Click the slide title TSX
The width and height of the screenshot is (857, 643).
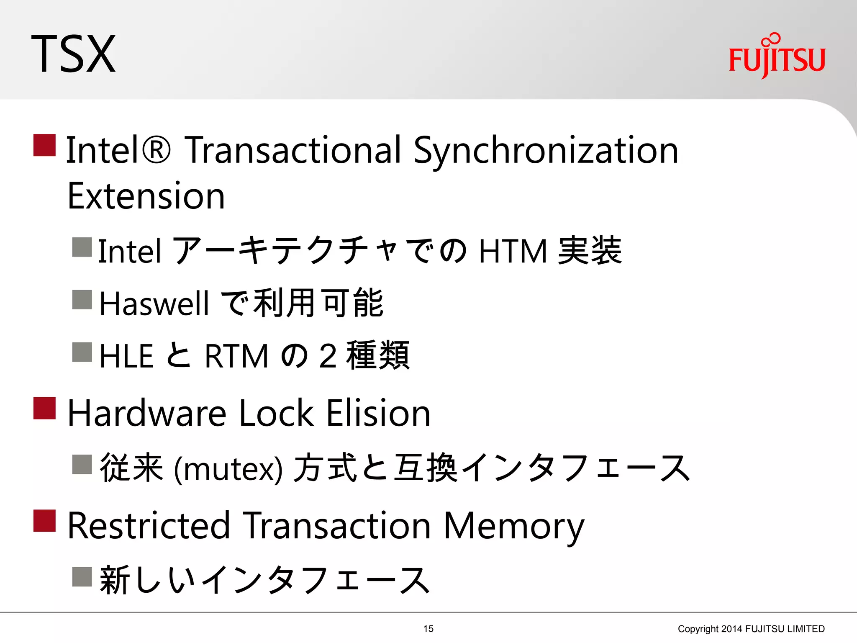[74, 54]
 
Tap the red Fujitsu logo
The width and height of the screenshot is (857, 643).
[777, 57]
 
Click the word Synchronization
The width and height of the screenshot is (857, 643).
[546, 151]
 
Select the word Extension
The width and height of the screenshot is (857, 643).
[146, 197]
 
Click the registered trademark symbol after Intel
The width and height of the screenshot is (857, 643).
[156, 150]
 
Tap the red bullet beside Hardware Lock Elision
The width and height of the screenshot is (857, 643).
[44, 408]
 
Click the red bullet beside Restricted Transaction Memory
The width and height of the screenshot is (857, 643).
[44, 521]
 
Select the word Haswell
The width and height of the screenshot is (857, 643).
[154, 303]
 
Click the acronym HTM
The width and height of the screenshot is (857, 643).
[513, 251]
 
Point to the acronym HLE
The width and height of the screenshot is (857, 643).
[126, 356]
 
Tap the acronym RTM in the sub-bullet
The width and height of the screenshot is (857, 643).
[236, 356]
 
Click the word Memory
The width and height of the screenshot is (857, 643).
[513, 527]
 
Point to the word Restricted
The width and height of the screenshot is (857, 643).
[149, 526]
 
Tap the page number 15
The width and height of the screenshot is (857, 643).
[428, 629]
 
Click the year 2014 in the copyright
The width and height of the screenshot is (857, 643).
[732, 629]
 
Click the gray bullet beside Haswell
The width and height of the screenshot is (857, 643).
[82, 300]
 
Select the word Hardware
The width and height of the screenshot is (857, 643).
[147, 414]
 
